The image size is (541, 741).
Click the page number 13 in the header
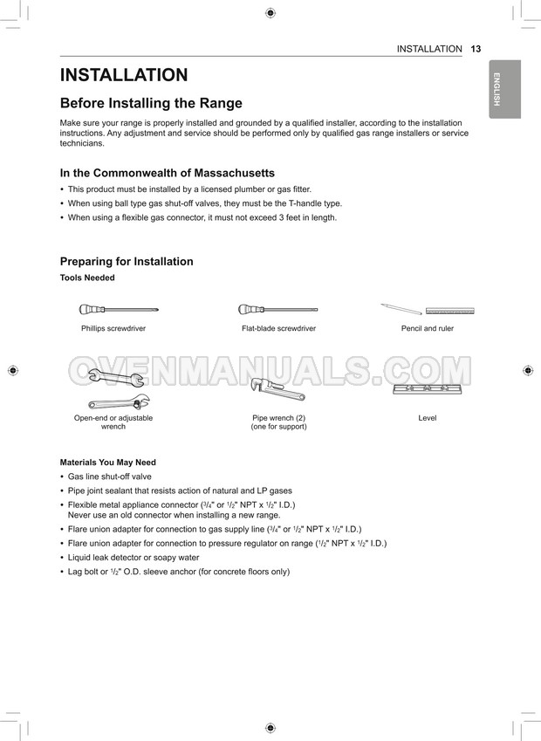tap(476, 49)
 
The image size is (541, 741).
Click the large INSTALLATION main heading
tap(124, 76)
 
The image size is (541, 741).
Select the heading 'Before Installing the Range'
tap(151, 103)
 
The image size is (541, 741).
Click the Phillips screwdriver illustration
tap(118, 309)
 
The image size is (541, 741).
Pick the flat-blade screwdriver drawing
tap(277, 309)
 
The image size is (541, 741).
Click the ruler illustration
tap(449, 310)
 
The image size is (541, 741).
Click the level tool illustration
tap(427, 388)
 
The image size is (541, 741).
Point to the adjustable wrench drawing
tap(119, 402)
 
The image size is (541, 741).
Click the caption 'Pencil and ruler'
tap(427, 328)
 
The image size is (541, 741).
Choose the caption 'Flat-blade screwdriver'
tap(278, 328)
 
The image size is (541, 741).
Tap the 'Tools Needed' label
tap(87, 278)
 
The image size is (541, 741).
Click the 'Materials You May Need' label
tap(107, 462)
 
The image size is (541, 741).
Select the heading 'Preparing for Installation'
tap(127, 261)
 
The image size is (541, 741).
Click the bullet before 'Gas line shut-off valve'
tap(62, 477)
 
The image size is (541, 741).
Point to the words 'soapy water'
tap(175, 557)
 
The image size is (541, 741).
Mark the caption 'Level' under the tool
tap(427, 418)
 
